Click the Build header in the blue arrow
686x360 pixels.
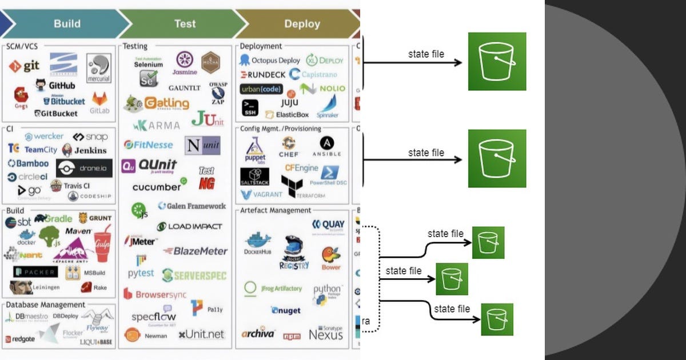tap(67, 24)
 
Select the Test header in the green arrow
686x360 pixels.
tap(185, 24)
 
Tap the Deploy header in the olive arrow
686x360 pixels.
tap(302, 24)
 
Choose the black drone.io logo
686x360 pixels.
tap(85, 169)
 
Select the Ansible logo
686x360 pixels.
tap(326, 146)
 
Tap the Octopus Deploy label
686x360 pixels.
tap(270, 60)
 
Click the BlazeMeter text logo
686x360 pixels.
tap(196, 251)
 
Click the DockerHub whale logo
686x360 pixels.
tap(257, 243)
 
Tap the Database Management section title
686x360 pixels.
tap(46, 305)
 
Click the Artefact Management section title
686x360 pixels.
tap(276, 210)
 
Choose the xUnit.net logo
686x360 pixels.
tap(201, 334)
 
